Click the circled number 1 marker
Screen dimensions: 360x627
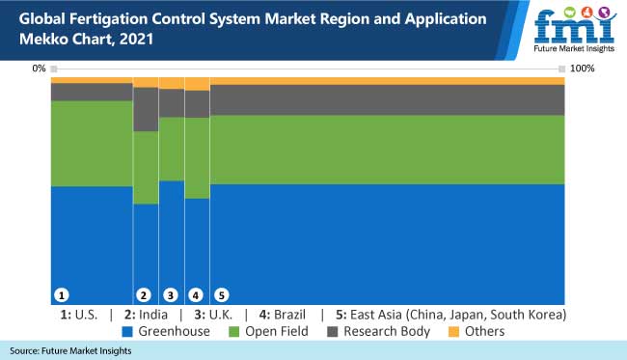pyautogui.click(x=61, y=293)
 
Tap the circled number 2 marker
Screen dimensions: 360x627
pyautogui.click(x=145, y=293)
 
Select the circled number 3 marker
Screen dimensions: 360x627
pyautogui.click(x=171, y=293)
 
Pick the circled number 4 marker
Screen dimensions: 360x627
pyautogui.click(x=196, y=293)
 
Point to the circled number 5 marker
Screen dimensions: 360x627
pyautogui.click(x=221, y=293)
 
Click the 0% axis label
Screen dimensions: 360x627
pyautogui.click(x=39, y=69)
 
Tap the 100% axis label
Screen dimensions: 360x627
pyautogui.click(x=583, y=69)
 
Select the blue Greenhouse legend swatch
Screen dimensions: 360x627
pyautogui.click(x=128, y=332)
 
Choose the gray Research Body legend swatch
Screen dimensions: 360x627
pyautogui.click(x=333, y=332)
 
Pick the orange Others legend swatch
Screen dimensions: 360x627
pyautogui.click(x=455, y=332)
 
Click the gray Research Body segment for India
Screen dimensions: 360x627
pyautogui.click(x=146, y=109)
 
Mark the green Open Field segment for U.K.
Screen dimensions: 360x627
pyautogui.click(x=171, y=149)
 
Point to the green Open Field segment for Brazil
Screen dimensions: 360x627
pyautogui.click(x=197, y=157)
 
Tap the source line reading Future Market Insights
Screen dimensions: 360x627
pyautogui.click(x=71, y=350)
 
